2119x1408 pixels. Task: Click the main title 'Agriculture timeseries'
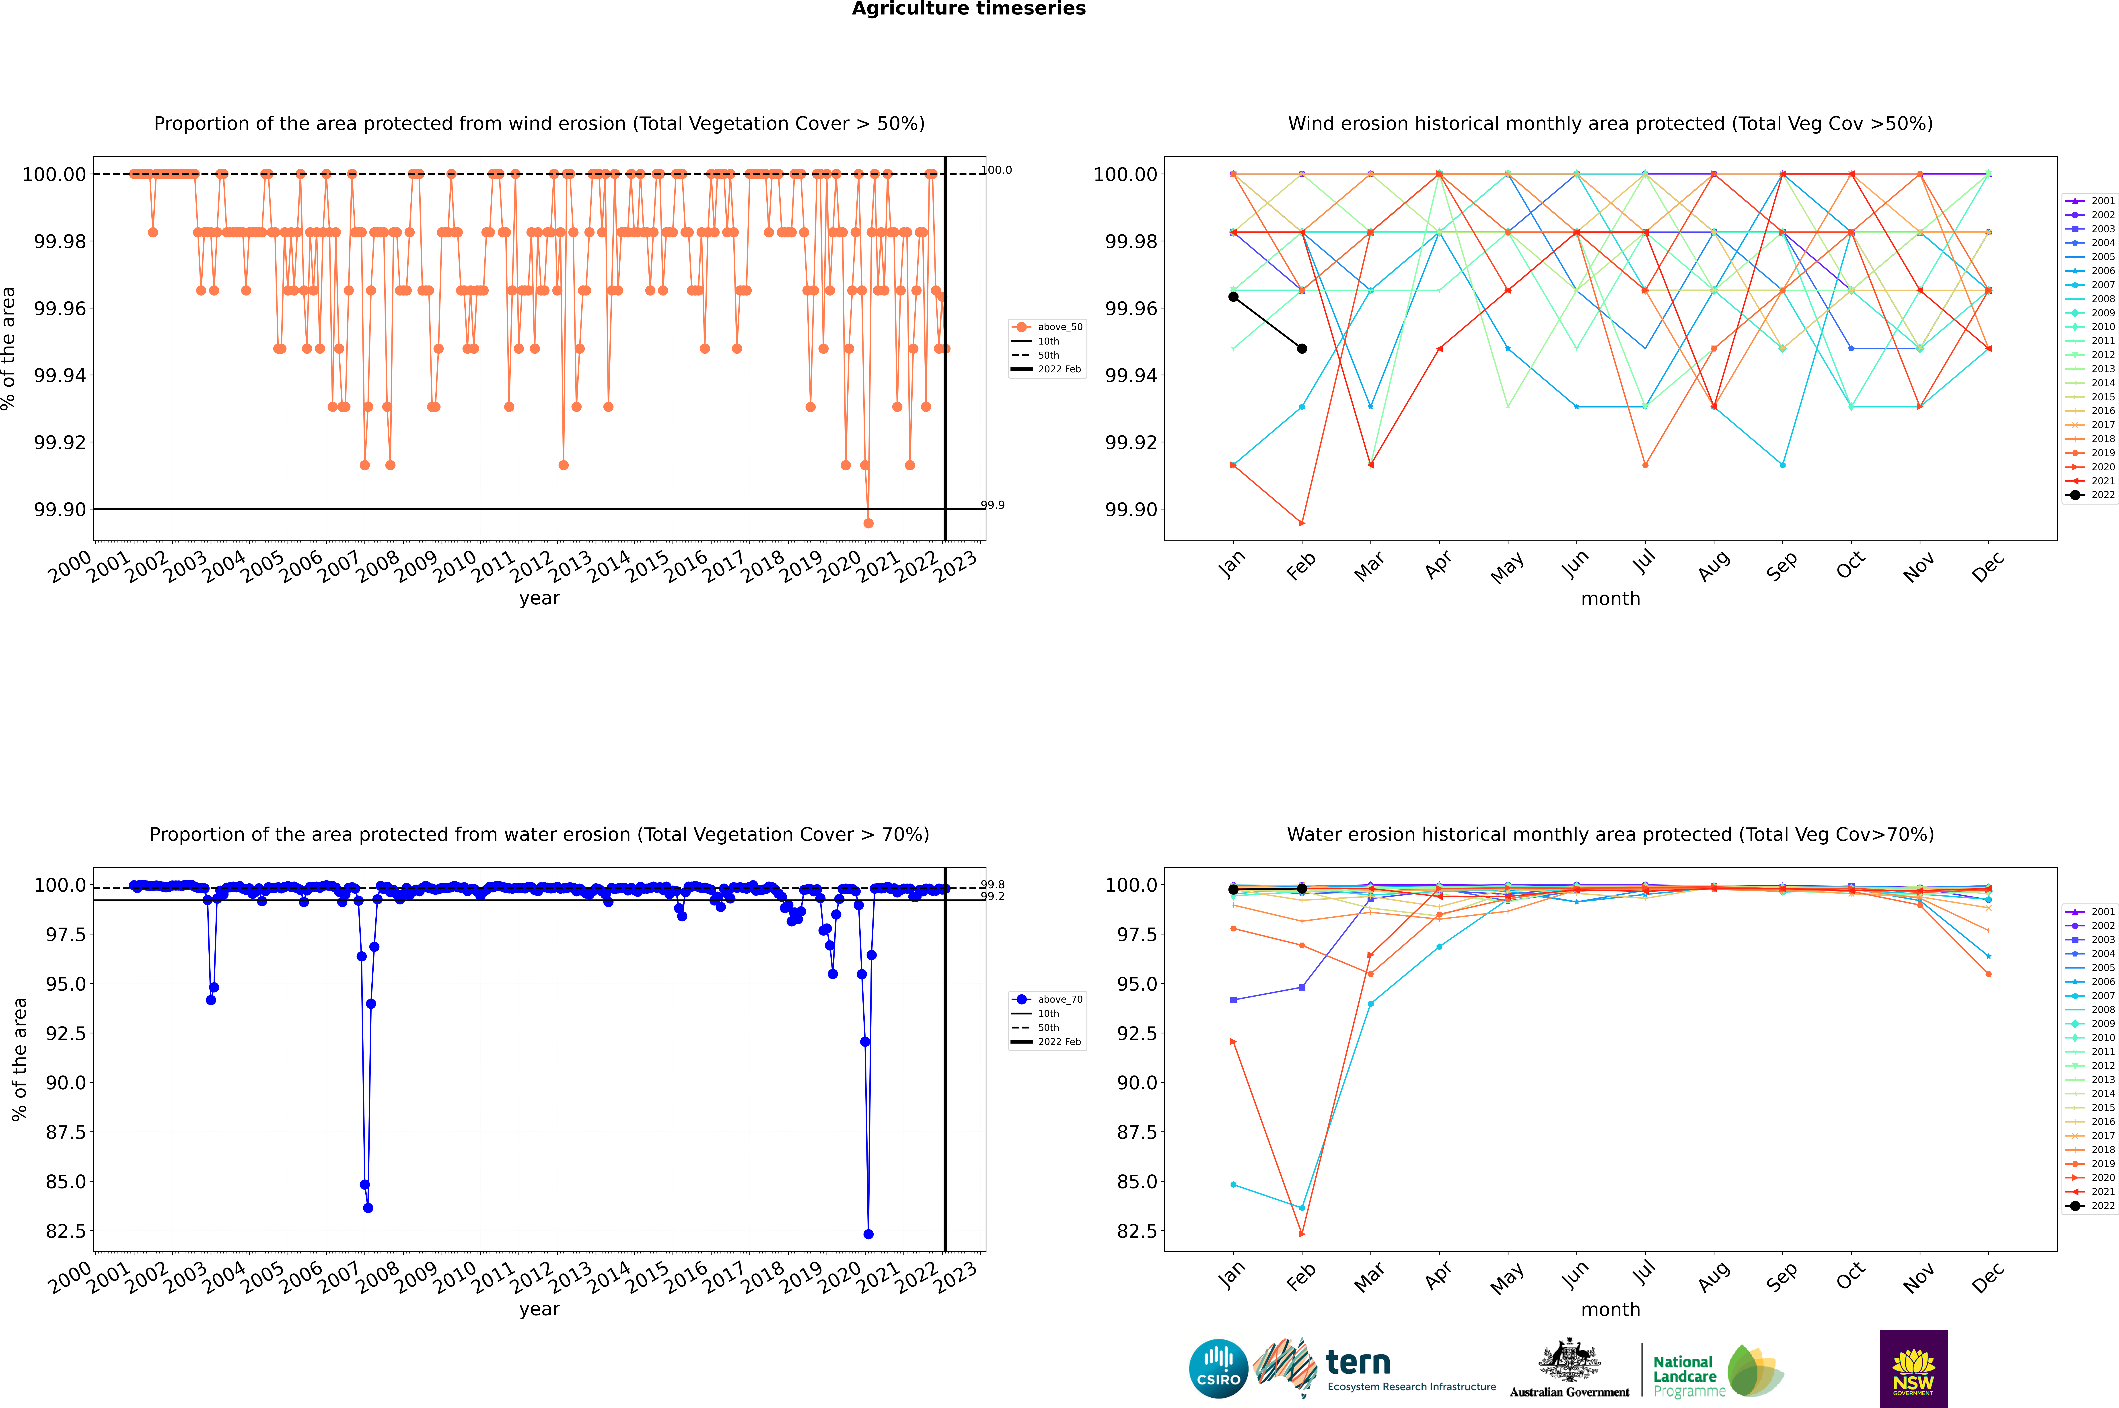click(x=968, y=9)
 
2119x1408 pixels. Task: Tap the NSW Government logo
click(x=1913, y=1369)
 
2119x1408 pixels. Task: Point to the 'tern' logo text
click(x=1358, y=1363)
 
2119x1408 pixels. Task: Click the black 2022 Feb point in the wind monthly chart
click(x=1302, y=348)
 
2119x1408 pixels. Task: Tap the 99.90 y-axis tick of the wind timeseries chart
click(x=60, y=509)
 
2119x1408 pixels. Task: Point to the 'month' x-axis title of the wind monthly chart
click(x=1610, y=599)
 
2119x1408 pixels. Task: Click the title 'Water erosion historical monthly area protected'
click(x=1610, y=834)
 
